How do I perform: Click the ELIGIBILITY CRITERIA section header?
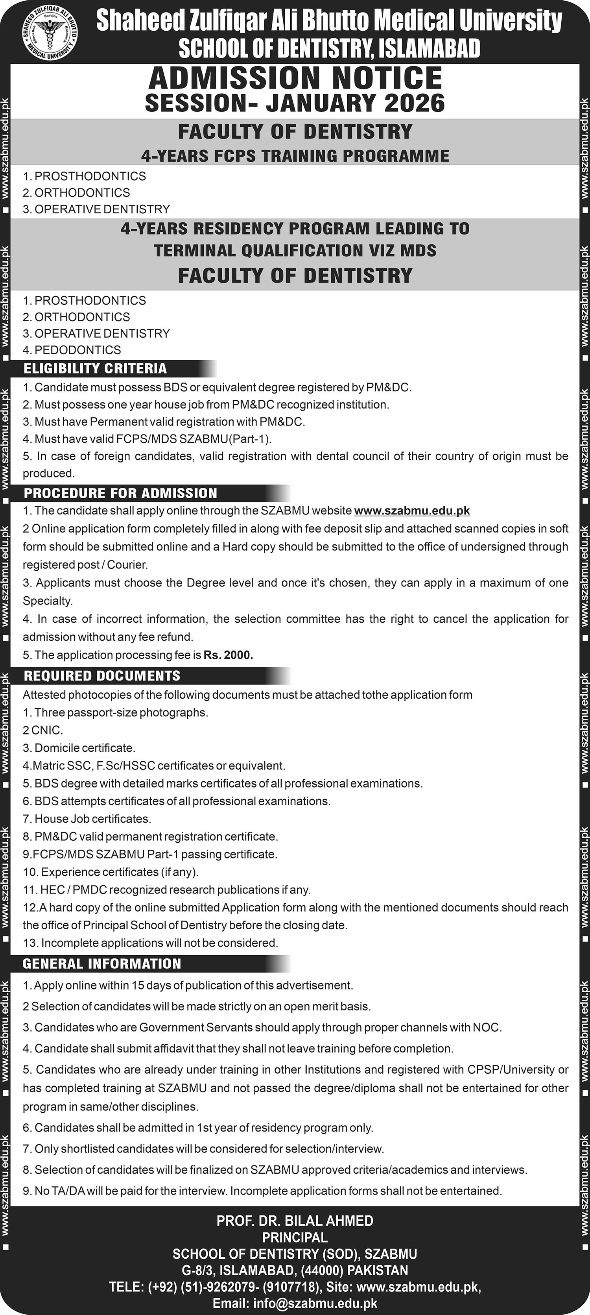[x=95, y=368]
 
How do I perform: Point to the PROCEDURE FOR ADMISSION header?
[x=121, y=493]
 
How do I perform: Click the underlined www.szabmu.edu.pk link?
[x=411, y=510]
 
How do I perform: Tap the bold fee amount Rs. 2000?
[x=229, y=655]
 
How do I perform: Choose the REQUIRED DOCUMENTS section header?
[x=102, y=676]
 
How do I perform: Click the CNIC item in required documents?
[x=43, y=731]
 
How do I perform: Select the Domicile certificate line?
[x=79, y=748]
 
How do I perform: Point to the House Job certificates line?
[x=87, y=819]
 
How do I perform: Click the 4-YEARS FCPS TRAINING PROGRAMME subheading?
[x=295, y=155]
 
